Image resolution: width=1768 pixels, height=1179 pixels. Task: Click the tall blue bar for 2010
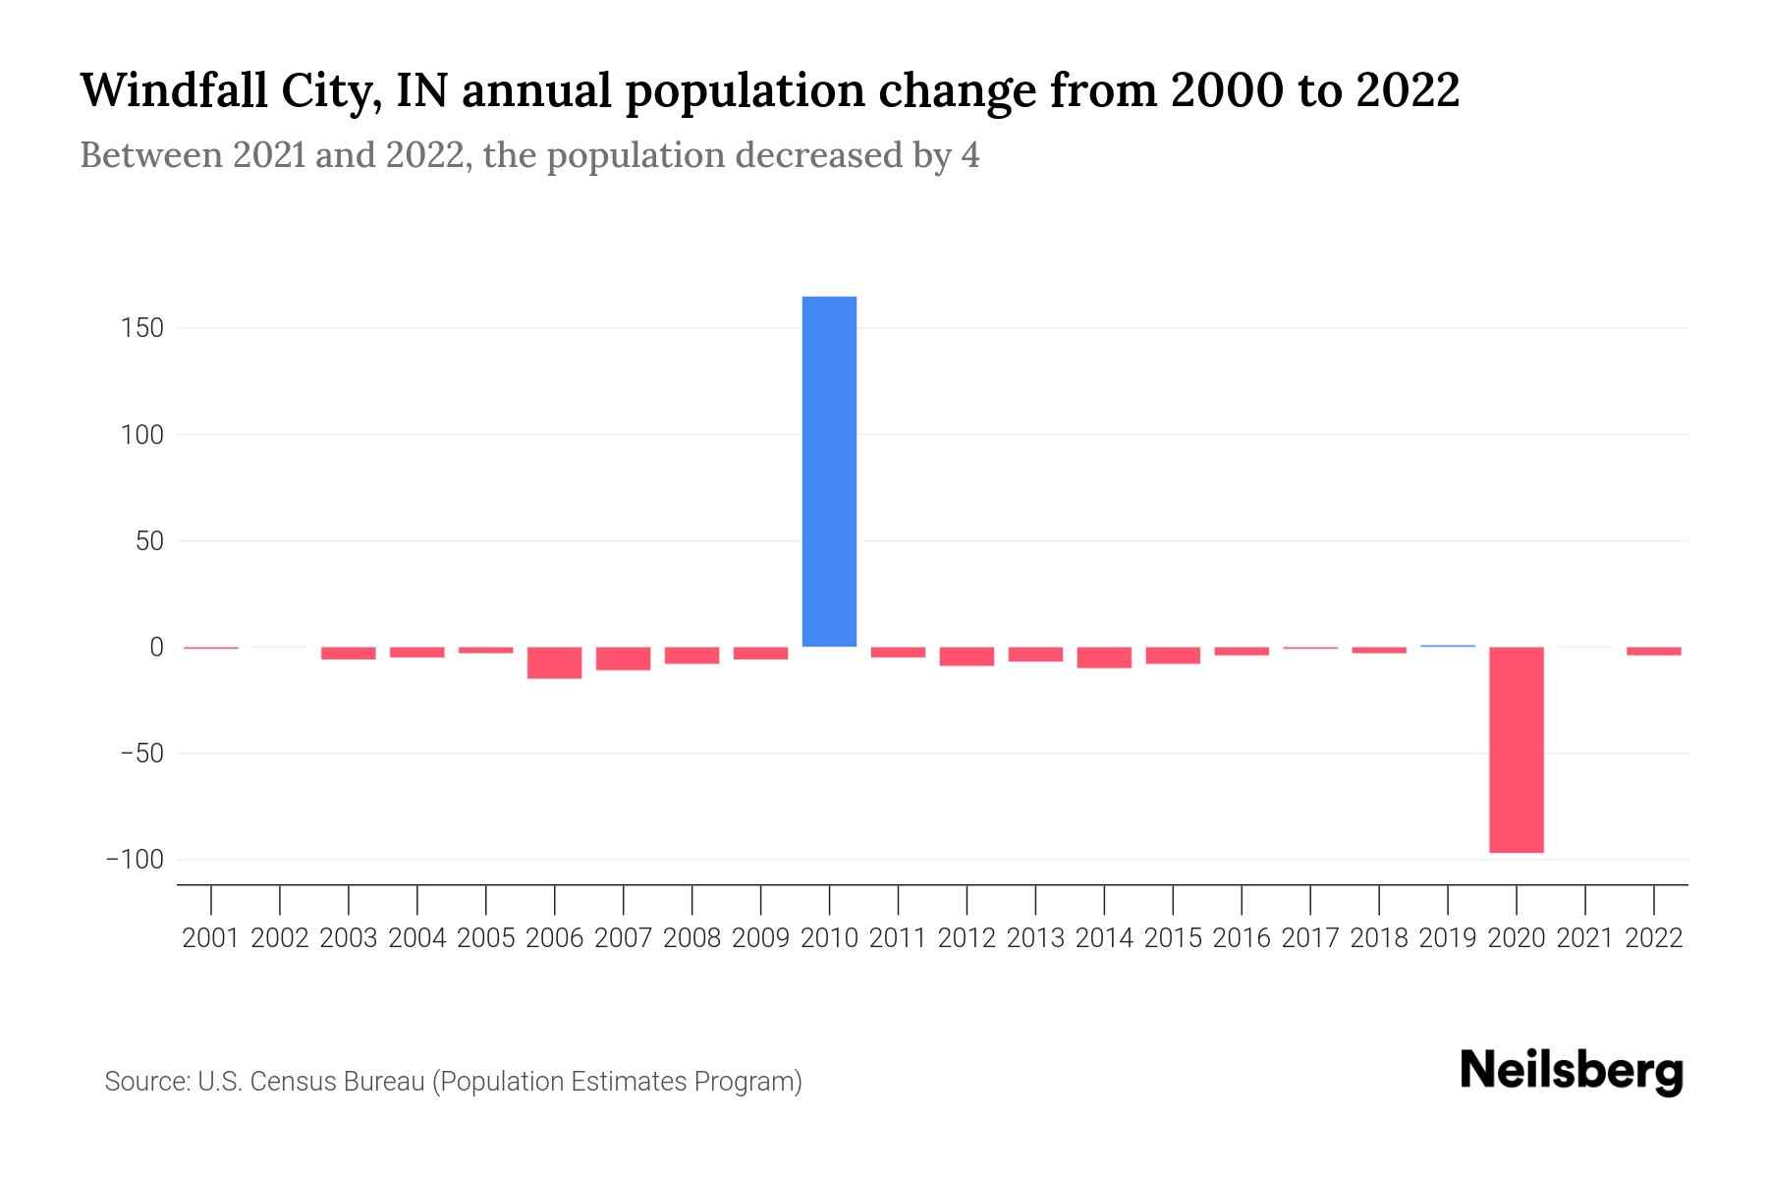829,472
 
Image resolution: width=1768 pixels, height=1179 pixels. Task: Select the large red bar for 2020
1516,749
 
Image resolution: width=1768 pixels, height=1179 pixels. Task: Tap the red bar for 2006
554,663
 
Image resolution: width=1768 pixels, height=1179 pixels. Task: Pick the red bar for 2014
1104,657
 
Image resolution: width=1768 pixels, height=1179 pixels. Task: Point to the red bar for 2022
1653,651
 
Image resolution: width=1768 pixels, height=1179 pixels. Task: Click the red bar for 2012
967,656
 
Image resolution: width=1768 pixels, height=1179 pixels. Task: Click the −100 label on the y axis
136,860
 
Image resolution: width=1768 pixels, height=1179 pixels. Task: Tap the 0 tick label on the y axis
156,647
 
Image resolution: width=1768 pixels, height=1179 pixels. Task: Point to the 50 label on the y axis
149,541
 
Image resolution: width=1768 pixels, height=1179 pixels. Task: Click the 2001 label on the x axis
211,938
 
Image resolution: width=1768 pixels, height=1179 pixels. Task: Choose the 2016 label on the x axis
1242,938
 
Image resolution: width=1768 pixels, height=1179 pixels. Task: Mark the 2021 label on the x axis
1584,938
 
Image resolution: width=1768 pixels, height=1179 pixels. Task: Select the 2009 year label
760,938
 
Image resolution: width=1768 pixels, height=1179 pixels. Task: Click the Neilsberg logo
1572,1071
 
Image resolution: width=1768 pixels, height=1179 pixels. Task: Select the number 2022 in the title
1407,90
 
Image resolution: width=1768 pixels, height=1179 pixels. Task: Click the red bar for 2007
623,658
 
